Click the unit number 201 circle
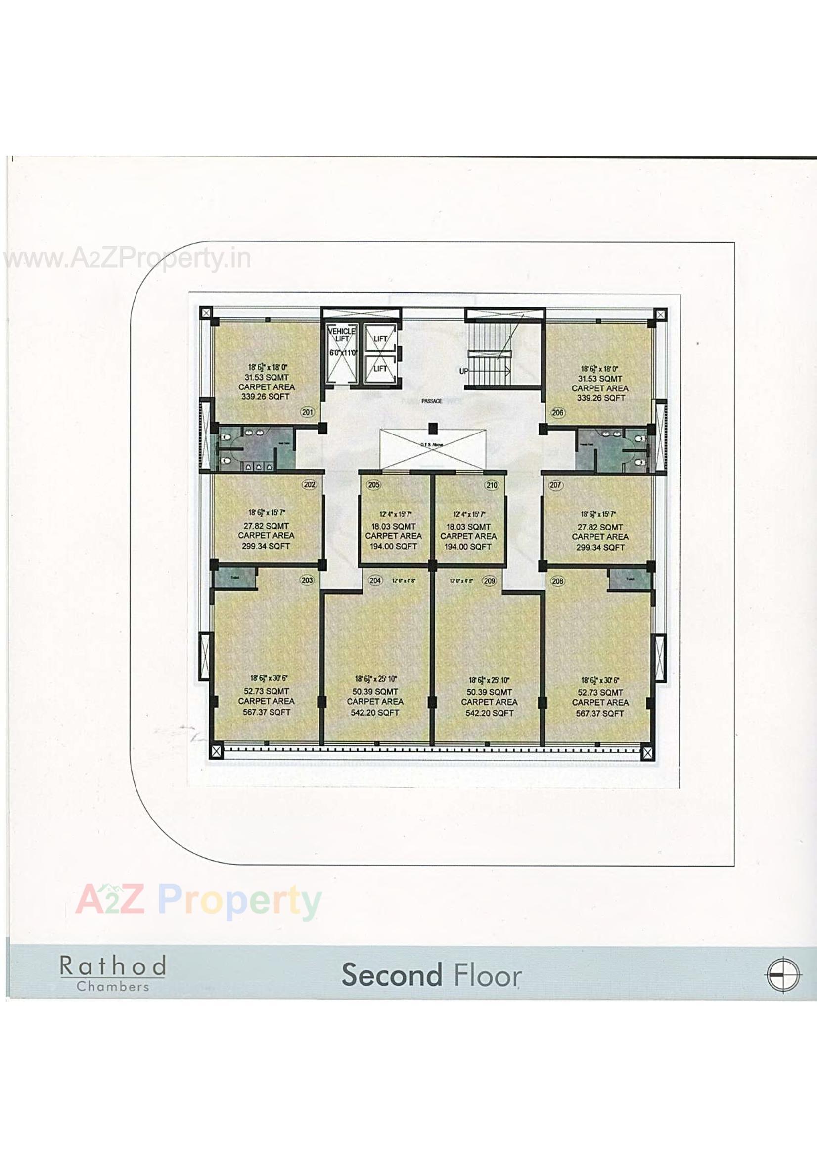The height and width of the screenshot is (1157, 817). coord(307,412)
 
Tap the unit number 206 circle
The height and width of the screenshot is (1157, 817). coord(557,413)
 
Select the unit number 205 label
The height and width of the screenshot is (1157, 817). coord(373,485)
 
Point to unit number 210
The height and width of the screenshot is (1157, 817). coord(491,485)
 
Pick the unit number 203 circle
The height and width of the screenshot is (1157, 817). coord(307,580)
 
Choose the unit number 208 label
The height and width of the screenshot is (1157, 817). coord(557,581)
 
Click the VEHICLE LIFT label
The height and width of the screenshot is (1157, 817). coord(342,335)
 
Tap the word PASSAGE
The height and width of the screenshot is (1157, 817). coord(432,401)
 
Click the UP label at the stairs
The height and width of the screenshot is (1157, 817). coord(464,371)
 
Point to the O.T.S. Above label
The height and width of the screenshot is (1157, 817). coord(431,445)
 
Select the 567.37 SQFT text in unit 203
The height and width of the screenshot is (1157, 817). coord(267,712)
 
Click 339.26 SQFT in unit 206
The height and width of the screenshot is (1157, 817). coord(600,398)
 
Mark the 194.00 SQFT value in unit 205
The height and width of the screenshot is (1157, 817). coord(393,546)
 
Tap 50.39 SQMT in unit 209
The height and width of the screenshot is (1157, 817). coord(489,692)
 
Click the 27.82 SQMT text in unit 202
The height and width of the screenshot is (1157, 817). coord(266,526)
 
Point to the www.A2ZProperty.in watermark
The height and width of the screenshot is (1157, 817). coord(127,259)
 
